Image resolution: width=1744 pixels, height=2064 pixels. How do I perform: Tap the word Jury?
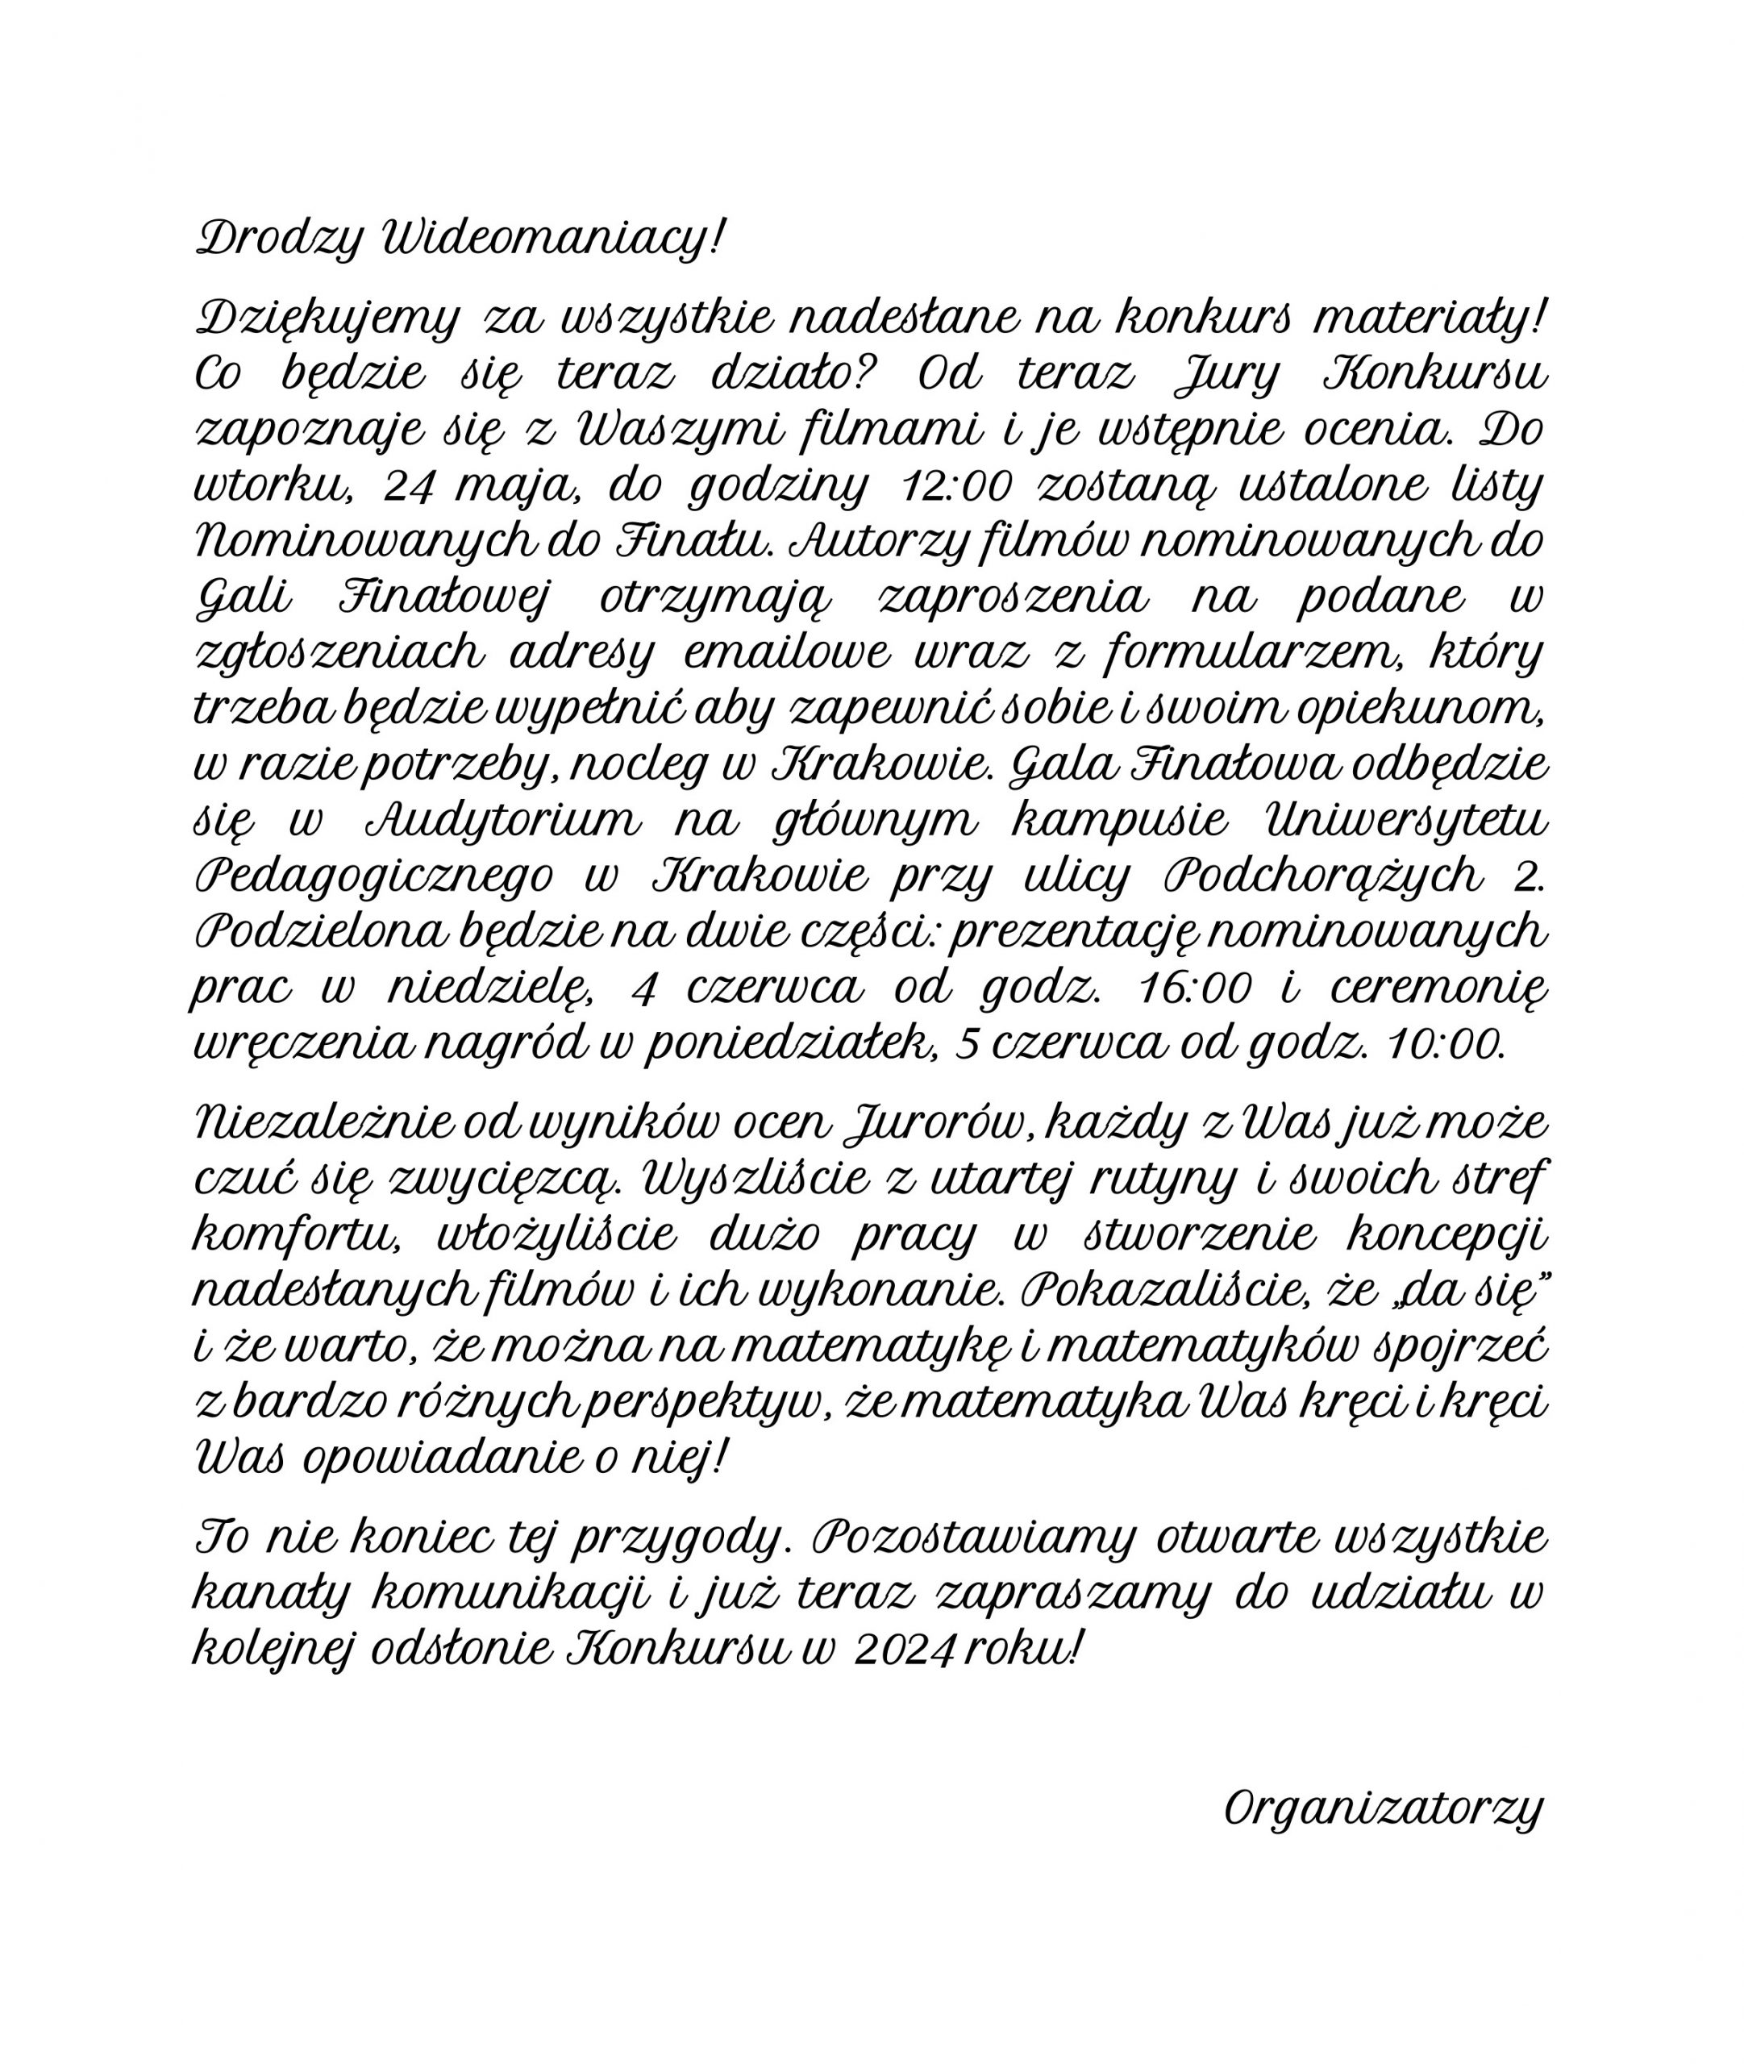1229,375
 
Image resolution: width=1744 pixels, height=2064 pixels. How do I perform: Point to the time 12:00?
959,486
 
